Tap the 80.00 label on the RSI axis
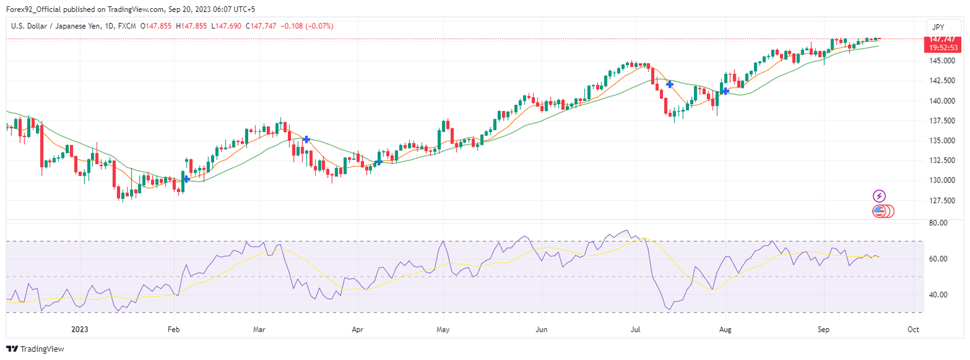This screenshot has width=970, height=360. click(938, 223)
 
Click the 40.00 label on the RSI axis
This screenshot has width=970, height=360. click(938, 294)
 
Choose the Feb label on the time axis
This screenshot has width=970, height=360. click(174, 330)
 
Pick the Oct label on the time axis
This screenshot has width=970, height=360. click(913, 330)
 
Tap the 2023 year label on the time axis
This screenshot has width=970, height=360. click(80, 330)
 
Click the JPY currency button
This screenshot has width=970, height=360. click(938, 27)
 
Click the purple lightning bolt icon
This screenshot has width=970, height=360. click(879, 196)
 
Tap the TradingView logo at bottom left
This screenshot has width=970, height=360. click(35, 349)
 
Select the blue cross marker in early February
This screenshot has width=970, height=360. click(187, 179)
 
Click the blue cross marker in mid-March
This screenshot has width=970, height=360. click(306, 139)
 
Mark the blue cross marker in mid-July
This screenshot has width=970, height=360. click(669, 83)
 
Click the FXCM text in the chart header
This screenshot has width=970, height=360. click(128, 26)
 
